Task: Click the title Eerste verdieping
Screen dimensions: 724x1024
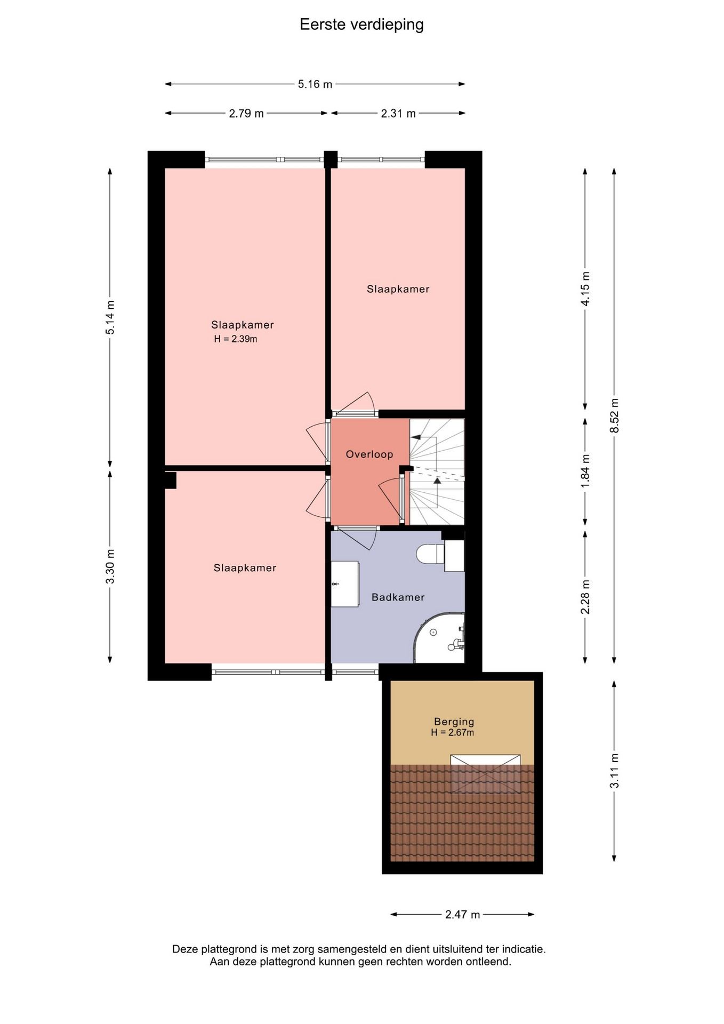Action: pos(361,25)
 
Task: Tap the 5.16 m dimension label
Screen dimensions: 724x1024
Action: pos(315,84)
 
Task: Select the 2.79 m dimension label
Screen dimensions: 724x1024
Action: pos(246,114)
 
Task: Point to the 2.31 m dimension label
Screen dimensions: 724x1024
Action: pos(398,114)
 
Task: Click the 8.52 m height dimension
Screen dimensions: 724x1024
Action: pos(615,416)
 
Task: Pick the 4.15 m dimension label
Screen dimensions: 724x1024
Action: pos(585,289)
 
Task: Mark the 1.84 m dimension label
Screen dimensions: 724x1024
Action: pos(585,470)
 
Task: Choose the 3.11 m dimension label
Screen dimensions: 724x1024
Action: pos(615,770)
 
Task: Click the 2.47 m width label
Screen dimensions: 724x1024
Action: pos(463,915)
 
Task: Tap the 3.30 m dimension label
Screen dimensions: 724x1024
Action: pos(110,566)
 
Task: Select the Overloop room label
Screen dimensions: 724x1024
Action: pos(369,454)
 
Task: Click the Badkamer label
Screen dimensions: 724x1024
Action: pos(398,597)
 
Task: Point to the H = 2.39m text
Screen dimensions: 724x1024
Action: pos(236,339)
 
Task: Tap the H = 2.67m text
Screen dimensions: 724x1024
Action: pos(453,732)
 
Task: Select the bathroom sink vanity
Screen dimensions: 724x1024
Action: pos(344,583)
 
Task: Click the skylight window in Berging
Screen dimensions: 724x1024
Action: pos(485,774)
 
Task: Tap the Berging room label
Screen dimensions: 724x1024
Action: pos(454,722)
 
